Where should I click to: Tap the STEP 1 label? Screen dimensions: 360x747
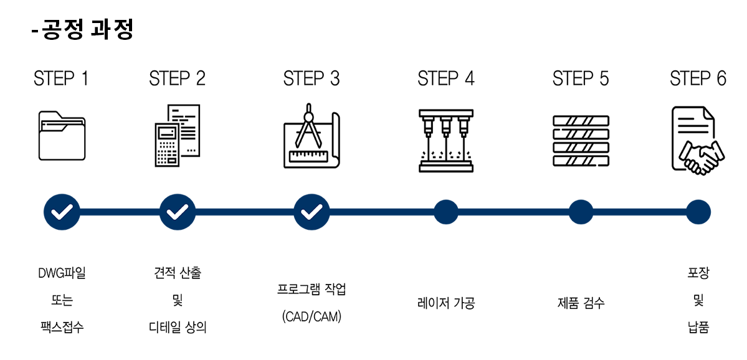click(61, 79)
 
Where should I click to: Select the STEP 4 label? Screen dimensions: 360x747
click(445, 79)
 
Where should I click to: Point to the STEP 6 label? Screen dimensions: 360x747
click(698, 79)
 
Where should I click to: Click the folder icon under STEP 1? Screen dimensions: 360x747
click(62, 136)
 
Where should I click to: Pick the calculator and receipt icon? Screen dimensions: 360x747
click(178, 136)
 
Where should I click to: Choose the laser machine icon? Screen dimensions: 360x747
click(446, 140)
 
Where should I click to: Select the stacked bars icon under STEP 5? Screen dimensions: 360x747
click(581, 141)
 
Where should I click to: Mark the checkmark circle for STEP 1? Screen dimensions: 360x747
click(62, 212)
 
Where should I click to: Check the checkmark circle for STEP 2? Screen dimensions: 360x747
click(178, 212)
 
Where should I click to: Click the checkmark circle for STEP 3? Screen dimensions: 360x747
click(312, 212)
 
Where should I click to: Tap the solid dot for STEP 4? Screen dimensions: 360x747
click(446, 212)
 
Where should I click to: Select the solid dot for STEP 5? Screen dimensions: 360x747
click(581, 212)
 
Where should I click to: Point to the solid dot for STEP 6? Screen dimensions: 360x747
click(698, 212)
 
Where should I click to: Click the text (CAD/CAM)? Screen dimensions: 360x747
click(312, 317)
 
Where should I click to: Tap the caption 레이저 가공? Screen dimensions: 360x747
click(446, 303)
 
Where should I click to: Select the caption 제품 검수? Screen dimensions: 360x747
click(581, 303)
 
